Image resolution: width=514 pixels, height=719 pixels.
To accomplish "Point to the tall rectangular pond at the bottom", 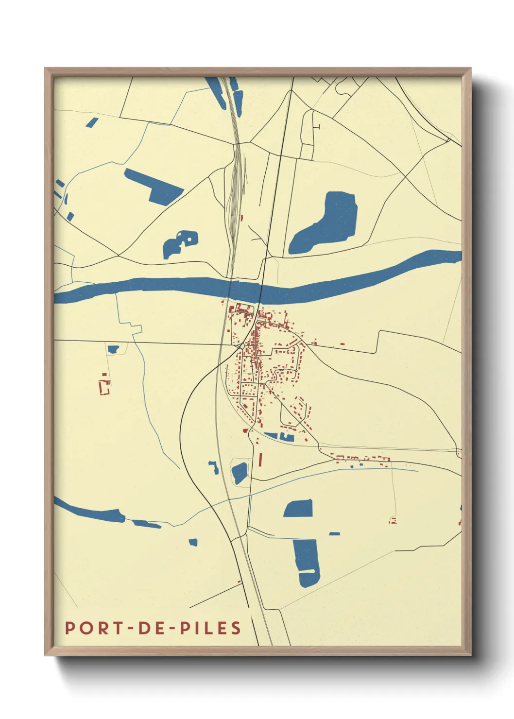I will pyautogui.click(x=307, y=562).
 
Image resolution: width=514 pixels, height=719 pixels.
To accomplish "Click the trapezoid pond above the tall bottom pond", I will pyautogui.click(x=298, y=509).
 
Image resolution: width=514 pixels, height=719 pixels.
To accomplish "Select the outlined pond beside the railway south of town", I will pyautogui.click(x=239, y=473).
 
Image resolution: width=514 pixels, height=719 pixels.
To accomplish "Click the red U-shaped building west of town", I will pyautogui.click(x=104, y=387).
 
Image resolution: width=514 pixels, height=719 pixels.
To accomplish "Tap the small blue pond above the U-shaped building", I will pyautogui.click(x=113, y=349).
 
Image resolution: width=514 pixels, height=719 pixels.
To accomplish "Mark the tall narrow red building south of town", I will pyautogui.click(x=260, y=459).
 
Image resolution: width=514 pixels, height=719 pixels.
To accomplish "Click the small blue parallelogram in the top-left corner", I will pyautogui.click(x=92, y=122).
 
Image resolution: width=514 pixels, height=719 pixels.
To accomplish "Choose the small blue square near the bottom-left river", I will pyautogui.click(x=193, y=542).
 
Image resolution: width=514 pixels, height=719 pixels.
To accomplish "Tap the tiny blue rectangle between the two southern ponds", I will pyautogui.click(x=334, y=533).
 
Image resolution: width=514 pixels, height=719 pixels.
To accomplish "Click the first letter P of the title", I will pyautogui.click(x=70, y=628).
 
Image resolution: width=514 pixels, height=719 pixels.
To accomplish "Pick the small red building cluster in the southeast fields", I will pyautogui.click(x=393, y=521).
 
